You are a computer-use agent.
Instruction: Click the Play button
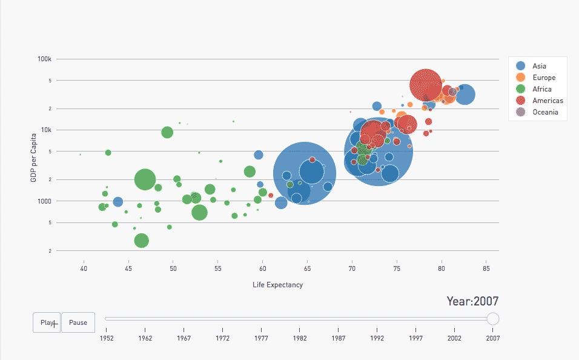click(x=47, y=322)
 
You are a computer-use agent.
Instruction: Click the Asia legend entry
click(x=539, y=65)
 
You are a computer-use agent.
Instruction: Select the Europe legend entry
click(x=543, y=78)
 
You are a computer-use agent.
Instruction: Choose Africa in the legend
click(x=541, y=89)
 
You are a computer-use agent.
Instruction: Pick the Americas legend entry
click(x=548, y=101)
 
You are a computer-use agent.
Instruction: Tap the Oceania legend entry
click(x=545, y=112)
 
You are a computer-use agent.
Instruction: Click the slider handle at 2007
click(x=493, y=318)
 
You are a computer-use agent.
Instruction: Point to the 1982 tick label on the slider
click(x=300, y=338)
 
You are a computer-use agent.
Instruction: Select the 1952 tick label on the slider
click(x=107, y=338)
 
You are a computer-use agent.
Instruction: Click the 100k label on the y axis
click(x=45, y=59)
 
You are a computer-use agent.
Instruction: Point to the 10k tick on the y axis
click(x=46, y=130)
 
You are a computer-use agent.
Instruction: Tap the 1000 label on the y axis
click(x=45, y=201)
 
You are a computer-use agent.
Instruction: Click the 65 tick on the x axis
click(x=307, y=268)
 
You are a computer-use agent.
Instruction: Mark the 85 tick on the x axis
click(x=486, y=268)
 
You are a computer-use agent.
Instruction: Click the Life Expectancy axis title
click(x=277, y=285)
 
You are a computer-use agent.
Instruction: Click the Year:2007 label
click(x=472, y=301)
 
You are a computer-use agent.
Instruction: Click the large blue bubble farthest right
click(x=465, y=94)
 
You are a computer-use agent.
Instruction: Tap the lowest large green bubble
click(x=141, y=240)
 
